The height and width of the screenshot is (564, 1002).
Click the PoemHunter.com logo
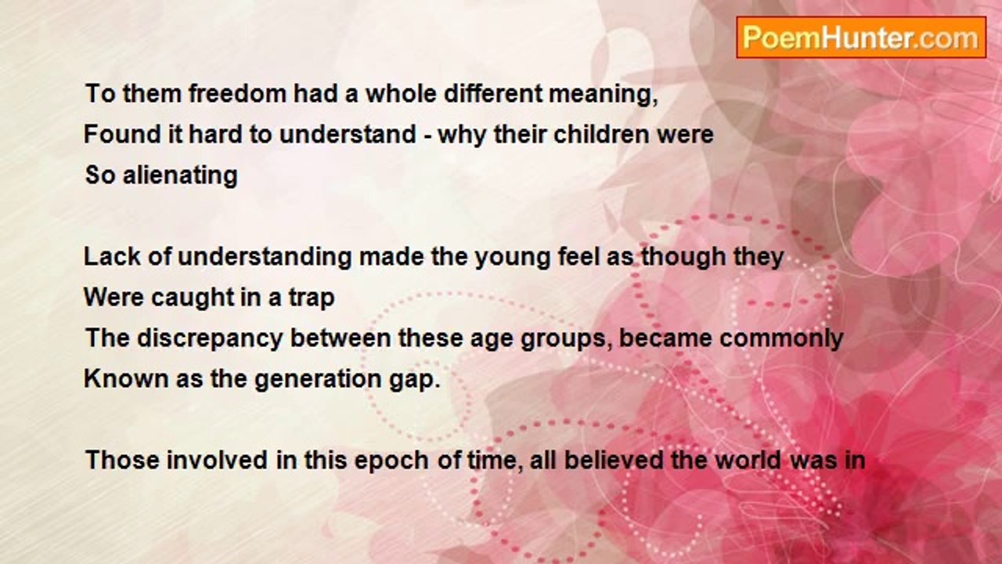[860, 38]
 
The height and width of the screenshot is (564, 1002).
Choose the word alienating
[179, 175]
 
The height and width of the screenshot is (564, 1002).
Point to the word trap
[310, 298]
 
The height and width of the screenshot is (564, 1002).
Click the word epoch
[391, 461]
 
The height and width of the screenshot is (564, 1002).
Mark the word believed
[615, 460]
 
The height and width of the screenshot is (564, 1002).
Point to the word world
[747, 460]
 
